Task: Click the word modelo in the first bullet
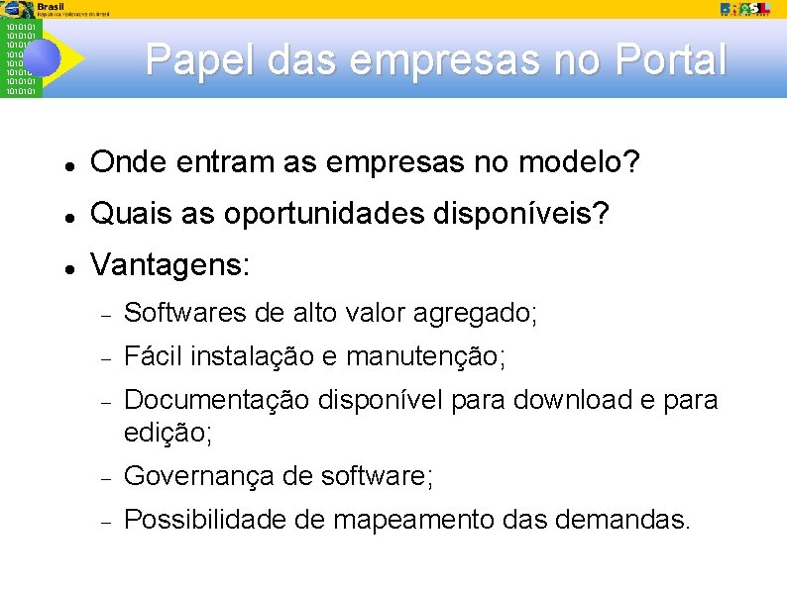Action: pyautogui.click(x=583, y=162)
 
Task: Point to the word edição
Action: pyautogui.click(x=168, y=433)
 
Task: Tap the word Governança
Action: pyautogui.click(x=198, y=476)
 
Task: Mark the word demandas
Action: pyautogui.click(x=615, y=519)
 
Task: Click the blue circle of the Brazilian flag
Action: pyautogui.click(x=41, y=58)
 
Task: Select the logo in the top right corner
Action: pyautogui.click(x=745, y=8)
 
